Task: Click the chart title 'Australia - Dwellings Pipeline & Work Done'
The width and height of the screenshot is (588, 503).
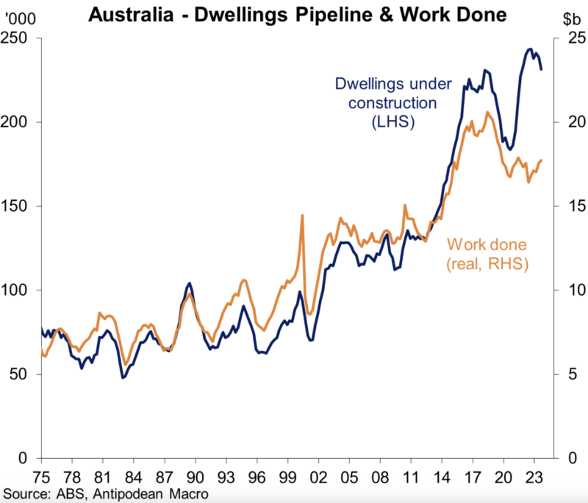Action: coord(294,13)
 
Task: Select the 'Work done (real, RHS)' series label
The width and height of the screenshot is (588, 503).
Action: coord(489,254)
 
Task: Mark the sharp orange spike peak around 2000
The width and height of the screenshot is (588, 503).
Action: coord(302,215)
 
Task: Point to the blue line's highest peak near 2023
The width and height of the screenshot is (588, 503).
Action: coord(530,49)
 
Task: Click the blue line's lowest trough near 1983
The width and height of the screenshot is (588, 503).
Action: coord(123,377)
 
